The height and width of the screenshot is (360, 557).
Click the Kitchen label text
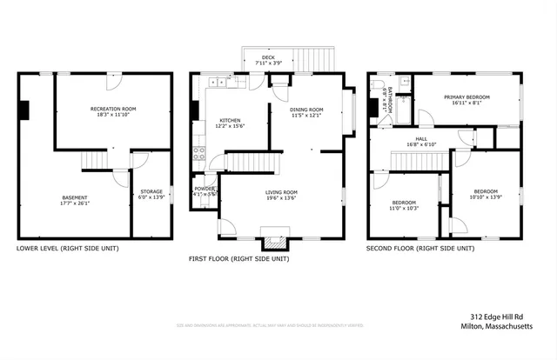coord(230,121)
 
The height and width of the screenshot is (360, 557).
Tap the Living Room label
coord(281,192)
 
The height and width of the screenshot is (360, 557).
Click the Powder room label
coord(205,189)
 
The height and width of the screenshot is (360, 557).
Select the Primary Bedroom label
coord(466,97)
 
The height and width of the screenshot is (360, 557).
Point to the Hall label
coord(421,138)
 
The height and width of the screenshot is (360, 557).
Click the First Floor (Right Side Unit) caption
coord(238,258)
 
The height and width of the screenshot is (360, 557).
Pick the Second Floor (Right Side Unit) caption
coord(421,248)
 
